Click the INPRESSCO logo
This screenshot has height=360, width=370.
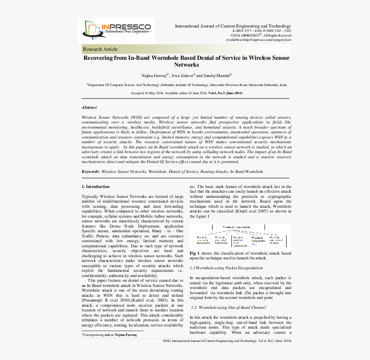(117, 30)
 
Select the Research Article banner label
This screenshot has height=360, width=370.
(100, 49)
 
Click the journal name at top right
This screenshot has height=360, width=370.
(233, 26)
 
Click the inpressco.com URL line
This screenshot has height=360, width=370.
(259, 40)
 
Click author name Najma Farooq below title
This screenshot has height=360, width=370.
(152, 75)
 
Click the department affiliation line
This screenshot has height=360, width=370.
(186, 85)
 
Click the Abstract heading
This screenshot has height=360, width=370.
(89, 107)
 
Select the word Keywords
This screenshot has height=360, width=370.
(91, 171)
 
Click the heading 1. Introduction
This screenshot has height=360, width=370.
(96, 186)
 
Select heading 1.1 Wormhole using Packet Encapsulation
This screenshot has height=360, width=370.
(226, 268)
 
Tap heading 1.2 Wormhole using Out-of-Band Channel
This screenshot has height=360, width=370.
(228, 307)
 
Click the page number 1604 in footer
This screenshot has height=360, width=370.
(166, 341)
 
